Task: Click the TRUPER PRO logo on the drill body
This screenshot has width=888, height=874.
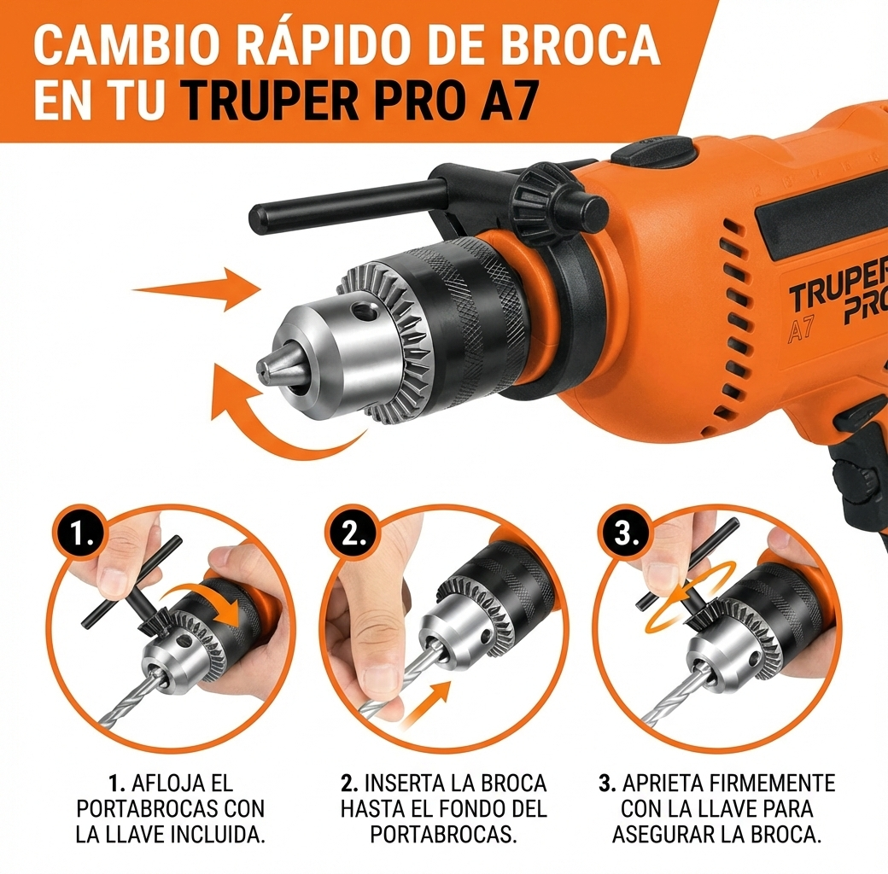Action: point(838,300)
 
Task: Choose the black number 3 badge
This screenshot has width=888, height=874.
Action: point(627,536)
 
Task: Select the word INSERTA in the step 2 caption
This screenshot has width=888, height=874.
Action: point(406,783)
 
